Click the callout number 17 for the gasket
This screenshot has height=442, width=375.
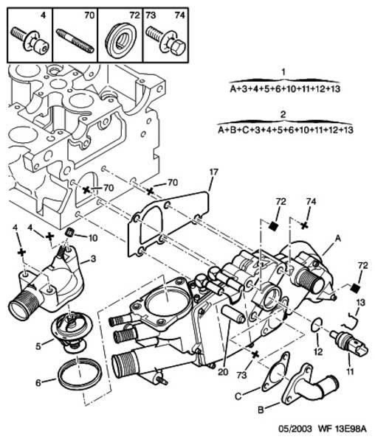tap(214, 172)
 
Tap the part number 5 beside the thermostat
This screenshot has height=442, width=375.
tap(38, 346)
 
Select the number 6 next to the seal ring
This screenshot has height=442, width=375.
tap(38, 382)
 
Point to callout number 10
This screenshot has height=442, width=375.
tap(93, 238)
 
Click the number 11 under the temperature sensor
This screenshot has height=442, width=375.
tap(350, 372)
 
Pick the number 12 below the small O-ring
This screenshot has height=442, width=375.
tap(318, 351)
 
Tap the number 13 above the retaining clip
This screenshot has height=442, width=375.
tap(360, 303)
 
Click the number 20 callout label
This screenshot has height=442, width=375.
tap(223, 372)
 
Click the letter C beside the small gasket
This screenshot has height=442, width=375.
tap(238, 396)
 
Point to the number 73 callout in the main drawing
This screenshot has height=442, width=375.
tap(241, 375)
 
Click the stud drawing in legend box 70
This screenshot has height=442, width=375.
tap(75, 41)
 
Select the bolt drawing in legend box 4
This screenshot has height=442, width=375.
tap(30, 41)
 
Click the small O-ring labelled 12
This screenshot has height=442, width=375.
tap(316, 326)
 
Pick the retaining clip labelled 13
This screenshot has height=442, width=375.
tap(351, 320)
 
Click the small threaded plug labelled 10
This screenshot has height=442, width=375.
tap(69, 232)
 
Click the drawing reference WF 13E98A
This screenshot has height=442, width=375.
tap(343, 429)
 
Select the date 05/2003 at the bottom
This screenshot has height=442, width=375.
tap(295, 429)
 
